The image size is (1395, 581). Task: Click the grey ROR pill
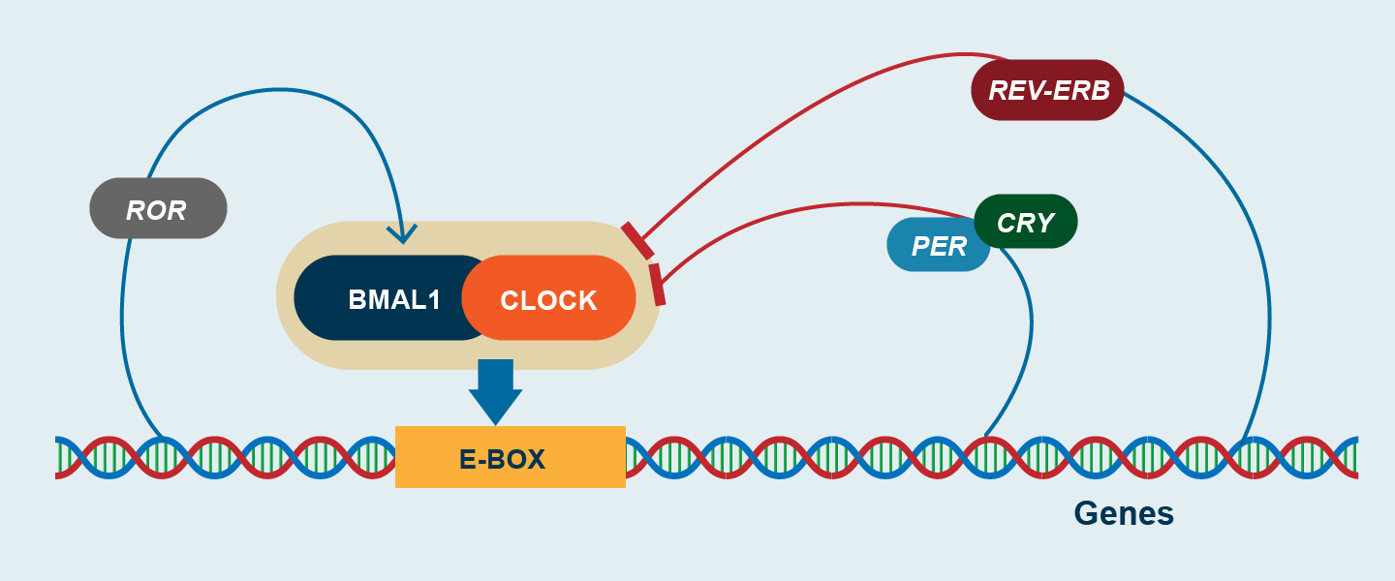(x=158, y=208)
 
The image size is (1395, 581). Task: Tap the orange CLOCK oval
(x=549, y=298)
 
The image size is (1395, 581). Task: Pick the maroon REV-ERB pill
(x=1047, y=90)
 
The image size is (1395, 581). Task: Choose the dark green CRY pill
(x=1026, y=221)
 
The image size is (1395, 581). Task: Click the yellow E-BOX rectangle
(x=510, y=456)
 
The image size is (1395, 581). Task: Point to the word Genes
(x=1124, y=512)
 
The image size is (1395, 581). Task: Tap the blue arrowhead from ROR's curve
(x=401, y=233)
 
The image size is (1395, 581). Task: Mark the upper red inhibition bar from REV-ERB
(x=636, y=240)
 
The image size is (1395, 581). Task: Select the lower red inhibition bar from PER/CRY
(x=658, y=284)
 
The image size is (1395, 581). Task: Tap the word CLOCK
(x=549, y=300)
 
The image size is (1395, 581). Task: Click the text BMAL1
(x=394, y=299)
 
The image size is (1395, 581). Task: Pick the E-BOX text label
(x=503, y=459)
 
